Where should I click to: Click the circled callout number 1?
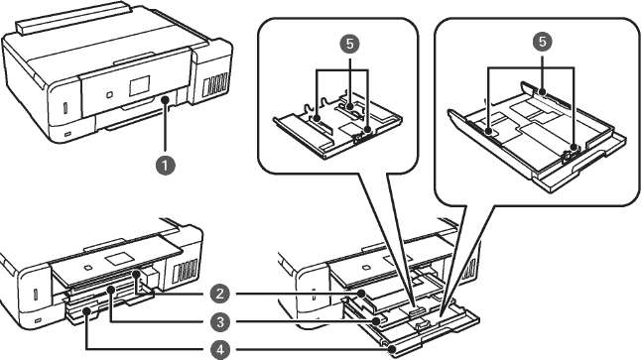coord(165,166)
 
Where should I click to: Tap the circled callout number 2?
coord(220,294)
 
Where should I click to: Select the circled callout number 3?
coord(220,322)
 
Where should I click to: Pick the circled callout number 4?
coord(220,350)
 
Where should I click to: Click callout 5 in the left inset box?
coord(349,44)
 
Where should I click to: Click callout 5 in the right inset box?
coord(543,42)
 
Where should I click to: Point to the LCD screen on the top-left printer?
coord(140,86)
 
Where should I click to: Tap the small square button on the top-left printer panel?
coord(109,94)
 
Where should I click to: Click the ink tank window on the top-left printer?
coord(215,84)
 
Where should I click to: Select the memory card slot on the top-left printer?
coord(66,107)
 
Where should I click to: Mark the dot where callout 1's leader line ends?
coord(165,99)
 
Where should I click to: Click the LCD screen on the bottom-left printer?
coord(119,259)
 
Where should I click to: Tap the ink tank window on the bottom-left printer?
coord(186,271)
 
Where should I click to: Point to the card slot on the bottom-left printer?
coord(35,295)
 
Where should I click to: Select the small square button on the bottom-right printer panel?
coord(366,268)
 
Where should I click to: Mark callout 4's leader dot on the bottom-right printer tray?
coord(393,349)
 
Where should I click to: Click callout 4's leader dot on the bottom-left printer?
coord(86,311)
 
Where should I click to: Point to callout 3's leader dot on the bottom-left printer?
coord(110,290)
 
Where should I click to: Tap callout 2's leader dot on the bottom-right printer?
coord(361,294)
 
